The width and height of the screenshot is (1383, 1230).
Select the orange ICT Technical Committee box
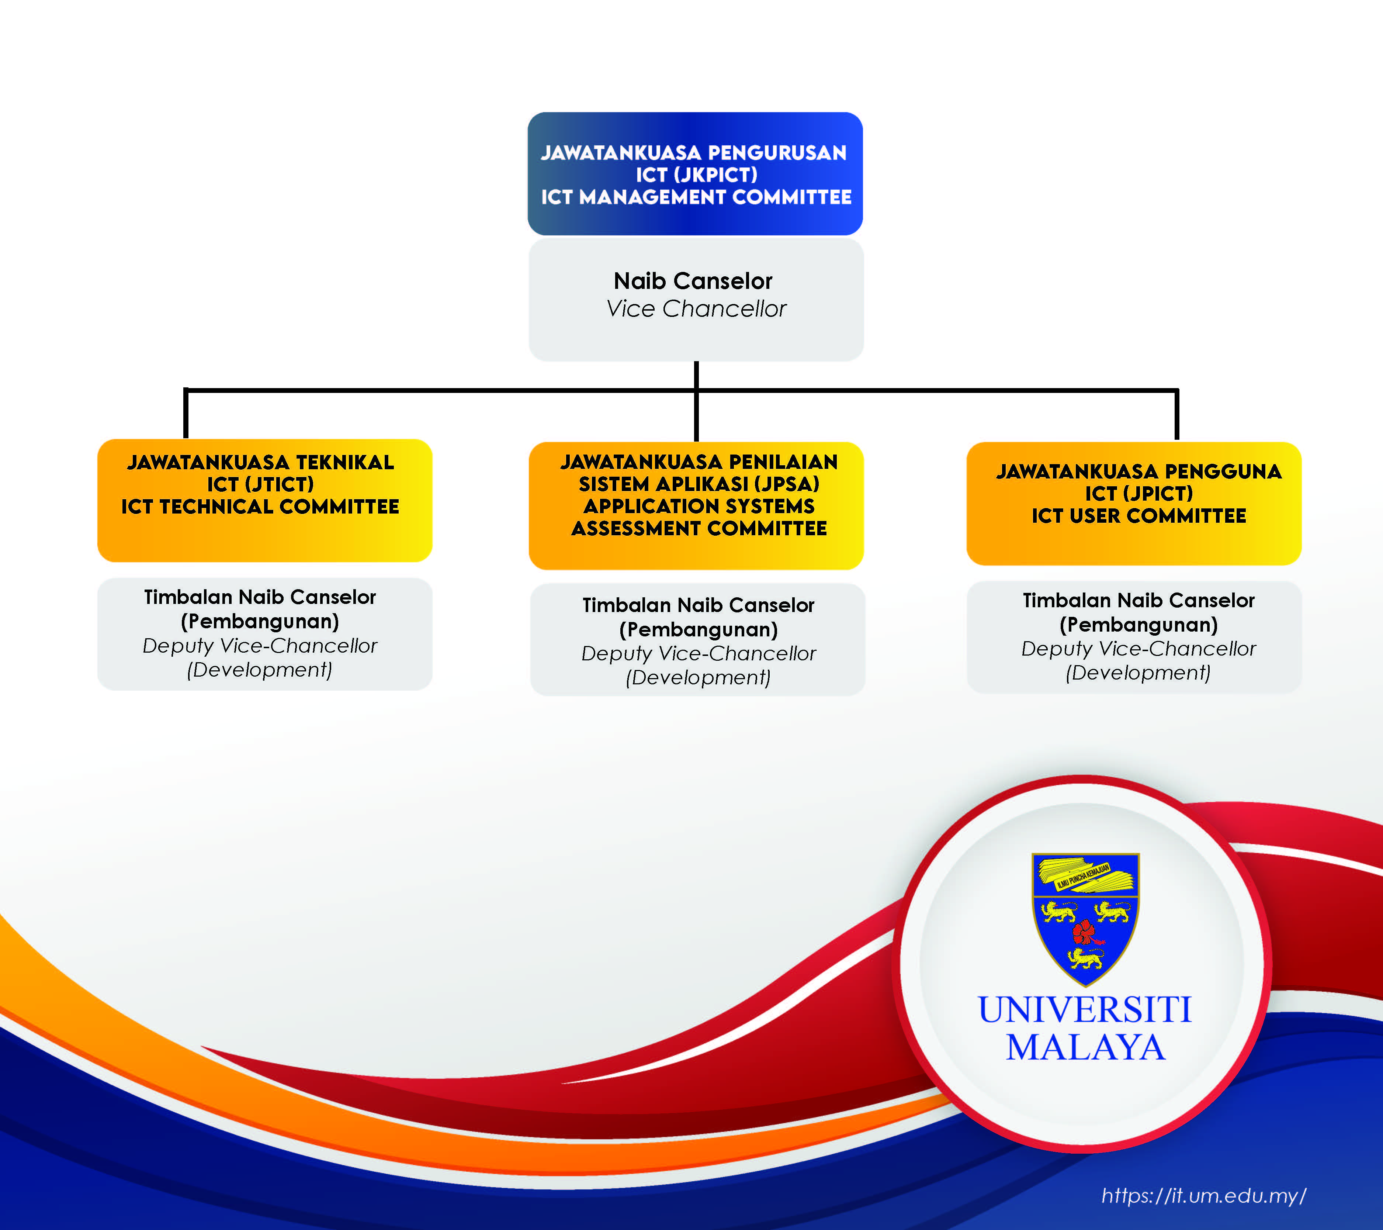tap(264, 500)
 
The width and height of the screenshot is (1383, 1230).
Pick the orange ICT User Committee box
tap(1133, 503)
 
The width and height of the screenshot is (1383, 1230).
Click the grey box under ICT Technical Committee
tap(264, 633)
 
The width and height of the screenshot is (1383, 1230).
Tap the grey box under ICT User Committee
tap(1133, 637)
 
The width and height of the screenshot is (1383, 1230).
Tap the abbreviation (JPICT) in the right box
tap(1158, 494)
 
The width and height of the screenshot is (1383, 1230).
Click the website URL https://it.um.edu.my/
tap(1203, 1195)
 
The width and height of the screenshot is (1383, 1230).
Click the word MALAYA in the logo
tap(1085, 1047)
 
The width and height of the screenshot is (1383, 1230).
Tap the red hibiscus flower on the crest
tap(1085, 933)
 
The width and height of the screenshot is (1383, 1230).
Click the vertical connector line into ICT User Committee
tap(1176, 414)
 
